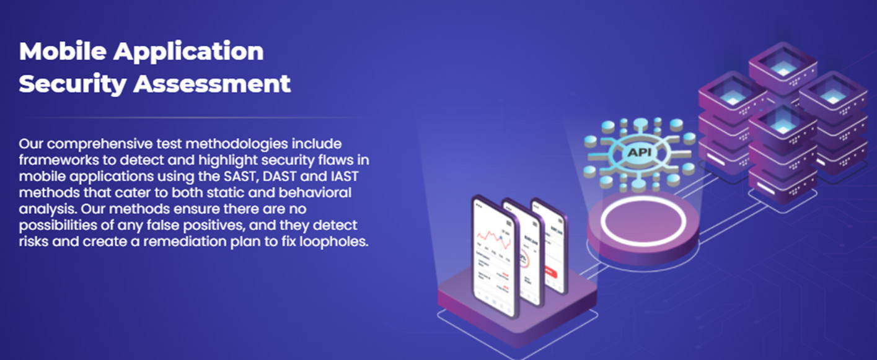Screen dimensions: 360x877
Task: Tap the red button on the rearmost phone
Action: [552, 273]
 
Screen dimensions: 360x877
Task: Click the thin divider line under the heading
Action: [195, 117]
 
